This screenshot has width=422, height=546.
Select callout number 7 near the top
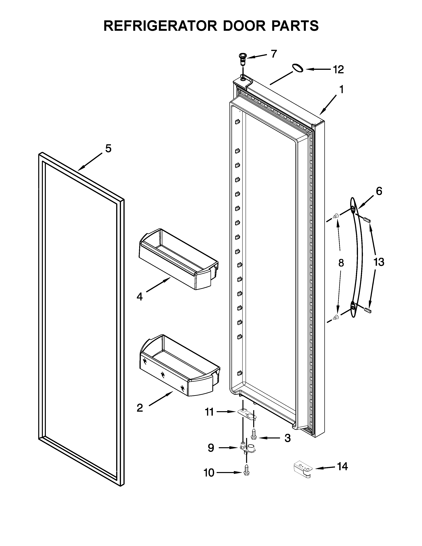(274, 54)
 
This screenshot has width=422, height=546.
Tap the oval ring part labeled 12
(298, 68)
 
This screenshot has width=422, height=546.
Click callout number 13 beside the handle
(379, 262)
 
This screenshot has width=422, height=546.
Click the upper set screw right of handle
(367, 220)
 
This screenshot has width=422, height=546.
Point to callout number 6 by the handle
(379, 191)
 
